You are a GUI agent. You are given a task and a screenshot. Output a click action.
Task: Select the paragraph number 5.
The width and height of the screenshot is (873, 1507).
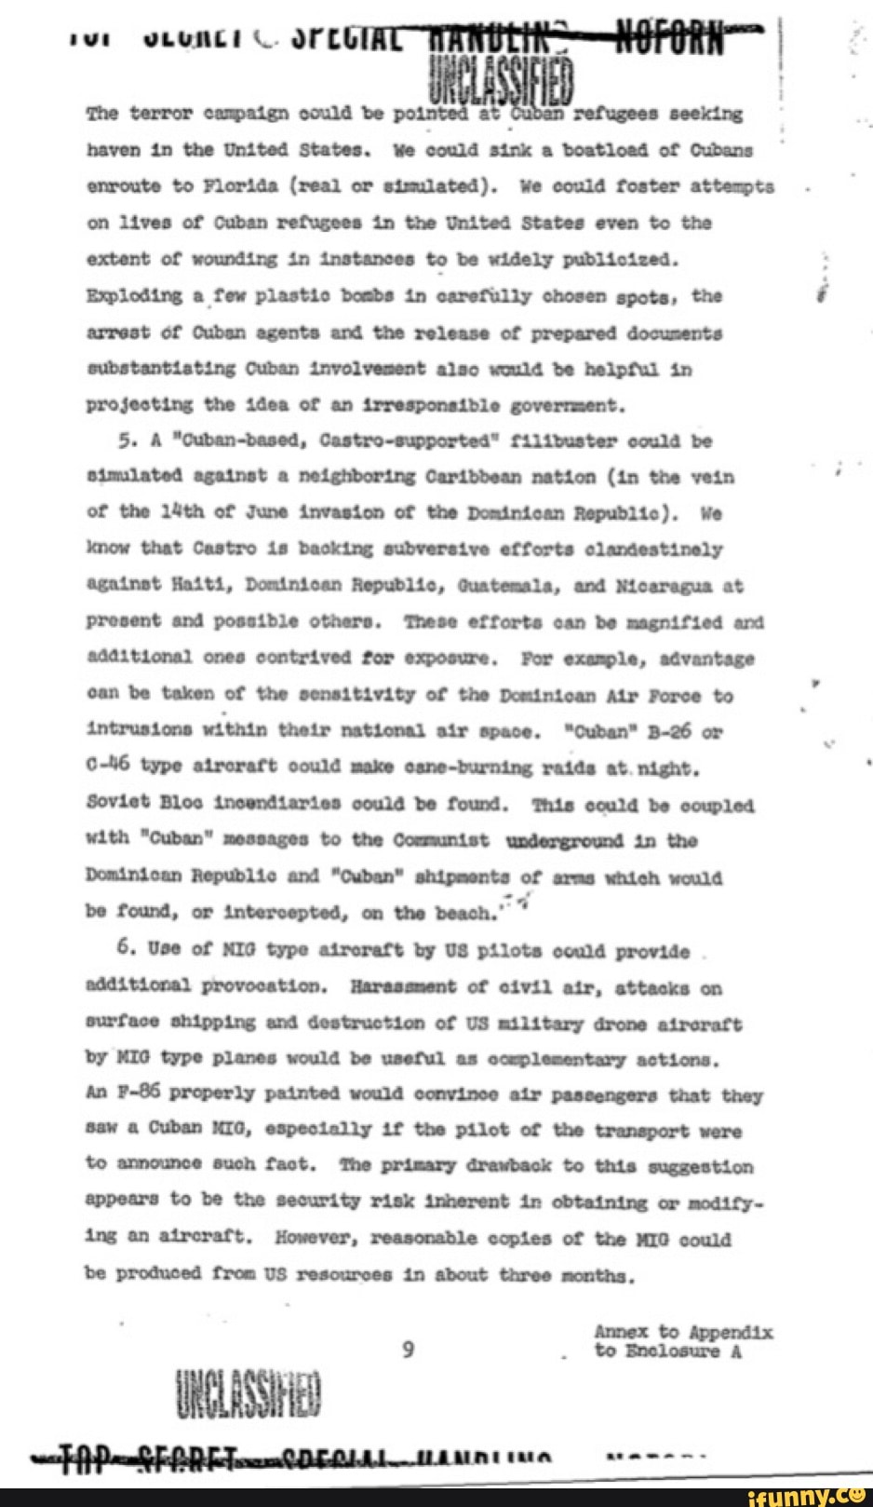pos(128,440)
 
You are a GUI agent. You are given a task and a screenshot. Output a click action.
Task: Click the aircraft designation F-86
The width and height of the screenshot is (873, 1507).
pos(138,1096)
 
